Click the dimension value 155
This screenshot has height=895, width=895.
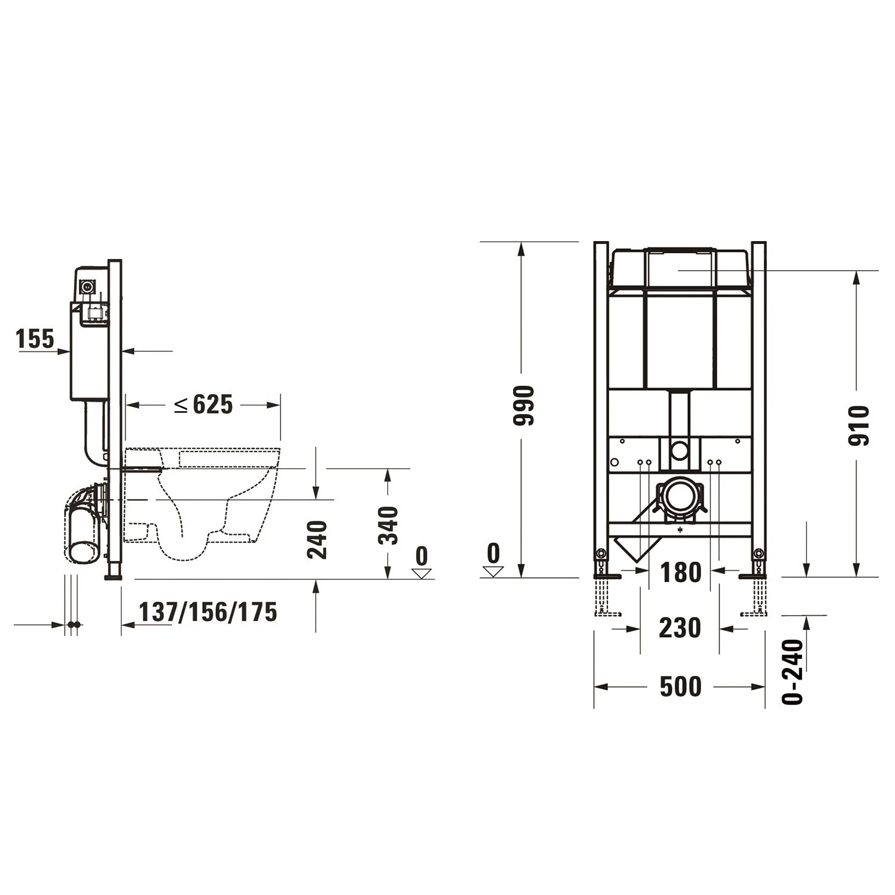(35, 339)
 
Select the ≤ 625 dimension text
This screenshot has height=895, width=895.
(203, 405)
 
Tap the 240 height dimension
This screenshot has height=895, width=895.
(317, 539)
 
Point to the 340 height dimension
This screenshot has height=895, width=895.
(388, 525)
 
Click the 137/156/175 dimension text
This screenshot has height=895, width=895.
(208, 612)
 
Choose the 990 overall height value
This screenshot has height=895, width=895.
(523, 406)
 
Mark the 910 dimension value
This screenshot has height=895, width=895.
(859, 425)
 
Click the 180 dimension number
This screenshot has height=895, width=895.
(680, 573)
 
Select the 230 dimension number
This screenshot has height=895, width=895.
(680, 628)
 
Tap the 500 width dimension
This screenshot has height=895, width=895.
(680, 687)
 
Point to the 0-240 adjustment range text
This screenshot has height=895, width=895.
(793, 671)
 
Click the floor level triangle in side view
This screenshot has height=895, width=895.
(422, 573)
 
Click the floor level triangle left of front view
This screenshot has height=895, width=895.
(493, 572)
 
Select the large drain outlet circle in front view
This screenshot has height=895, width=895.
(680, 496)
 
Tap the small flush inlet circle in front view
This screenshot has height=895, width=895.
(680, 450)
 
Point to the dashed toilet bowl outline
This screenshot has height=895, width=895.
(203, 501)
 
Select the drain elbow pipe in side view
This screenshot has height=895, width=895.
(84, 525)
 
